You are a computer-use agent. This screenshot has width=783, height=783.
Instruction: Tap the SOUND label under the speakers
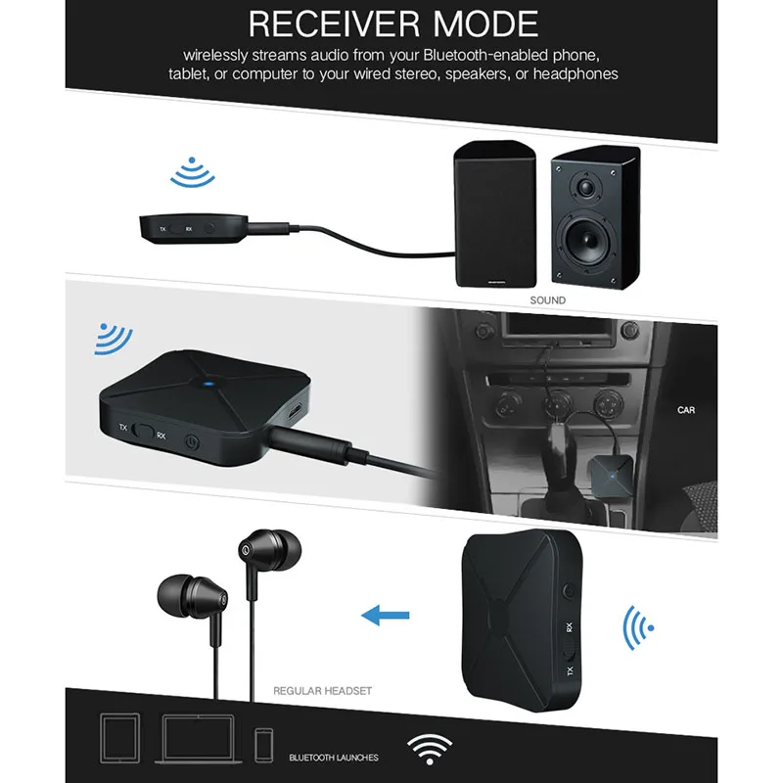pyautogui.click(x=547, y=300)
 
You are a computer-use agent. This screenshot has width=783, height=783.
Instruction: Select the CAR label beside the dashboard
pyautogui.click(x=685, y=410)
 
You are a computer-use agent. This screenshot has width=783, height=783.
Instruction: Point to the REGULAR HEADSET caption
pyautogui.click(x=323, y=691)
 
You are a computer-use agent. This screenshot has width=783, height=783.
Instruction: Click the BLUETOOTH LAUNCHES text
pyautogui.click(x=334, y=758)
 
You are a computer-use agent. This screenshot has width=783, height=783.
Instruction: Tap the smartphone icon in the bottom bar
pyautogui.click(x=262, y=745)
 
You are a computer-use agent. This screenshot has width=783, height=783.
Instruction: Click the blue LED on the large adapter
pyautogui.click(x=208, y=384)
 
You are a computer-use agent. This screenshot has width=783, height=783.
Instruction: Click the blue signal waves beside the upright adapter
pyautogui.click(x=639, y=625)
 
